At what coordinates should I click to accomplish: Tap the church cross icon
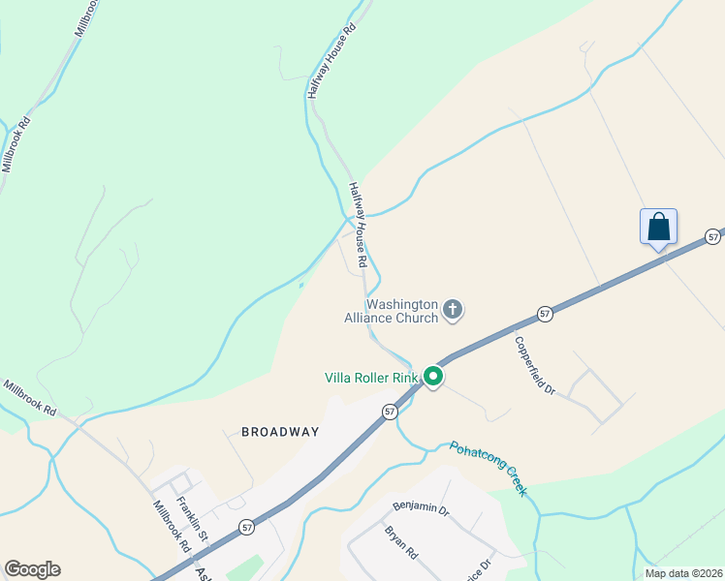click(x=452, y=310)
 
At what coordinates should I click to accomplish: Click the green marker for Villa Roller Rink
click(x=433, y=377)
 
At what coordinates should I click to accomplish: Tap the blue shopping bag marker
click(x=658, y=228)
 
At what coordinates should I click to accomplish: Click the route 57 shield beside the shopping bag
click(x=713, y=236)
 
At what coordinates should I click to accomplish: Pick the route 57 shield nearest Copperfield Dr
click(x=546, y=314)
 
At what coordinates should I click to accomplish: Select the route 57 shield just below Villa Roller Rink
click(x=390, y=412)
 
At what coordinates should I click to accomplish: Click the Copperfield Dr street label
click(x=534, y=365)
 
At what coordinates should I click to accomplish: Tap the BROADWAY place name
click(x=280, y=432)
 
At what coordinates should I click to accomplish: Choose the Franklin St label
click(x=191, y=518)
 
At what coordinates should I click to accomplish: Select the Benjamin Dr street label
click(x=422, y=507)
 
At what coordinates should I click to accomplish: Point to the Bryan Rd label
click(x=399, y=542)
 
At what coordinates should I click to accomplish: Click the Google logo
click(x=32, y=569)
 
